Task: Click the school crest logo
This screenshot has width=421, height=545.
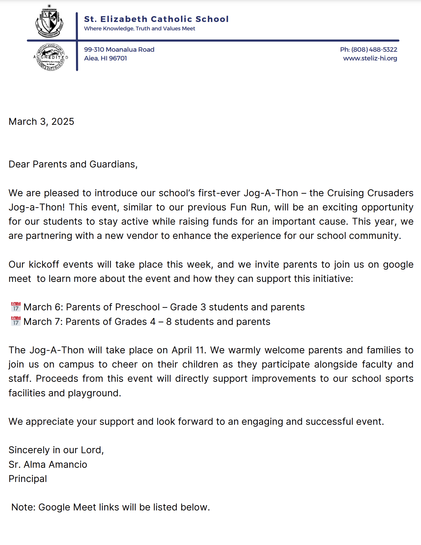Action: (x=49, y=22)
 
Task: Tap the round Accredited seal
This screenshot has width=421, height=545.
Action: (x=51, y=57)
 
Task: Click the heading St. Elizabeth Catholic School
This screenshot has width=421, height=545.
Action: (x=156, y=19)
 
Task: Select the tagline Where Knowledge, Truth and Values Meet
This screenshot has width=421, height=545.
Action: (x=139, y=28)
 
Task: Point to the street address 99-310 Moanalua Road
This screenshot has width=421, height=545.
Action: (x=119, y=49)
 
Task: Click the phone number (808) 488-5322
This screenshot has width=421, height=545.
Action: (x=374, y=49)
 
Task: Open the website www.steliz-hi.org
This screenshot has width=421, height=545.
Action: (x=370, y=58)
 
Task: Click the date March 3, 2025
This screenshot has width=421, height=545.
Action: (x=41, y=122)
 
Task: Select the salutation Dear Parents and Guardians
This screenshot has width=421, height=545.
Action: (x=73, y=164)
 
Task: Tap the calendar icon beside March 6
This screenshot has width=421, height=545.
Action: (x=16, y=306)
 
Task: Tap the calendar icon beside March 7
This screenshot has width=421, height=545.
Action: (x=16, y=321)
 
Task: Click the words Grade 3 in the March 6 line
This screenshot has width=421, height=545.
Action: (x=188, y=307)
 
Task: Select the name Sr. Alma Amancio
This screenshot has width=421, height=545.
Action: (x=48, y=465)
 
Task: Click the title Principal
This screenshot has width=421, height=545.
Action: (x=28, y=479)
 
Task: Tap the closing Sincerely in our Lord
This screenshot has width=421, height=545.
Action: (x=56, y=450)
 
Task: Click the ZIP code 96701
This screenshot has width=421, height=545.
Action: (x=118, y=58)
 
